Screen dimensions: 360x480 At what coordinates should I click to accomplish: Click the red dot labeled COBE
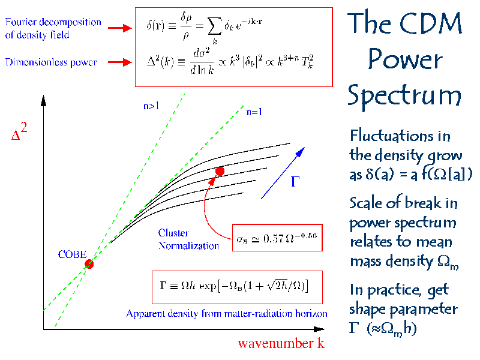(x=89, y=263)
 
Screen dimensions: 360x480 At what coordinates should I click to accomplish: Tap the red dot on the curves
(x=220, y=171)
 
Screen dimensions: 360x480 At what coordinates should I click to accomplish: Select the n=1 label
(x=254, y=111)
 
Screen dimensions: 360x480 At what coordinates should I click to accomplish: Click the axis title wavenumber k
(x=277, y=344)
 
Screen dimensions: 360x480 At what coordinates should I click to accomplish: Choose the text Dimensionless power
(x=52, y=62)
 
